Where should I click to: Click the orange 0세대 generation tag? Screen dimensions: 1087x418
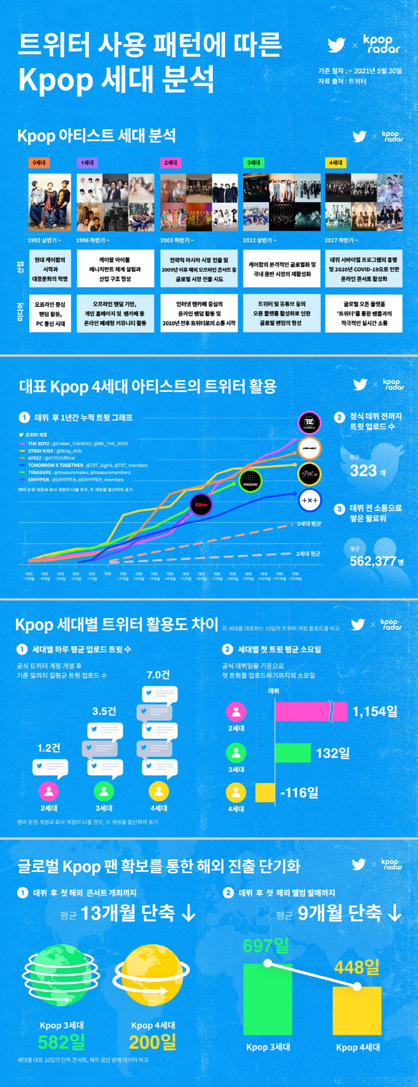point(39,163)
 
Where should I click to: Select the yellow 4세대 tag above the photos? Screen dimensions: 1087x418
point(335,163)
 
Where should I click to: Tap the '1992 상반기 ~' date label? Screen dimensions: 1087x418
point(44,240)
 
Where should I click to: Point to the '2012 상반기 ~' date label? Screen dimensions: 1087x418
point(259,240)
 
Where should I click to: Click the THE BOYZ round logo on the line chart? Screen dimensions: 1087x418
point(309,423)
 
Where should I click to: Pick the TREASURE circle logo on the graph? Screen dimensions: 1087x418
point(250,481)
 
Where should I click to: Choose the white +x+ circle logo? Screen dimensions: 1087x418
point(309,500)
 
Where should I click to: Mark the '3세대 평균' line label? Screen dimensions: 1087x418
point(309,524)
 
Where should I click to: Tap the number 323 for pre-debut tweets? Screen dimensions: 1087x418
point(363,471)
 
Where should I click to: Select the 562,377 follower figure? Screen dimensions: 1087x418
point(373,561)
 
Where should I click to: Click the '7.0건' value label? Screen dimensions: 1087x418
point(158,675)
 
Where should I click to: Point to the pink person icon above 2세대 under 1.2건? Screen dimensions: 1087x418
point(49,791)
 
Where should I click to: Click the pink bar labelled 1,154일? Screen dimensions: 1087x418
point(311,712)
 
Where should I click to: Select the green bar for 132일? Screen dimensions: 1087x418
point(293,753)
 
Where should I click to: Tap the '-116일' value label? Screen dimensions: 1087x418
point(299,793)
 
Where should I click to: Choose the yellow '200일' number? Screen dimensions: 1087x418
point(153,1042)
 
